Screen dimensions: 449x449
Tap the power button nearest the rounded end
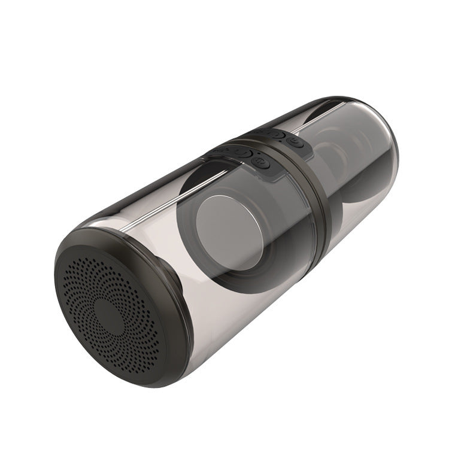(295, 142)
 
